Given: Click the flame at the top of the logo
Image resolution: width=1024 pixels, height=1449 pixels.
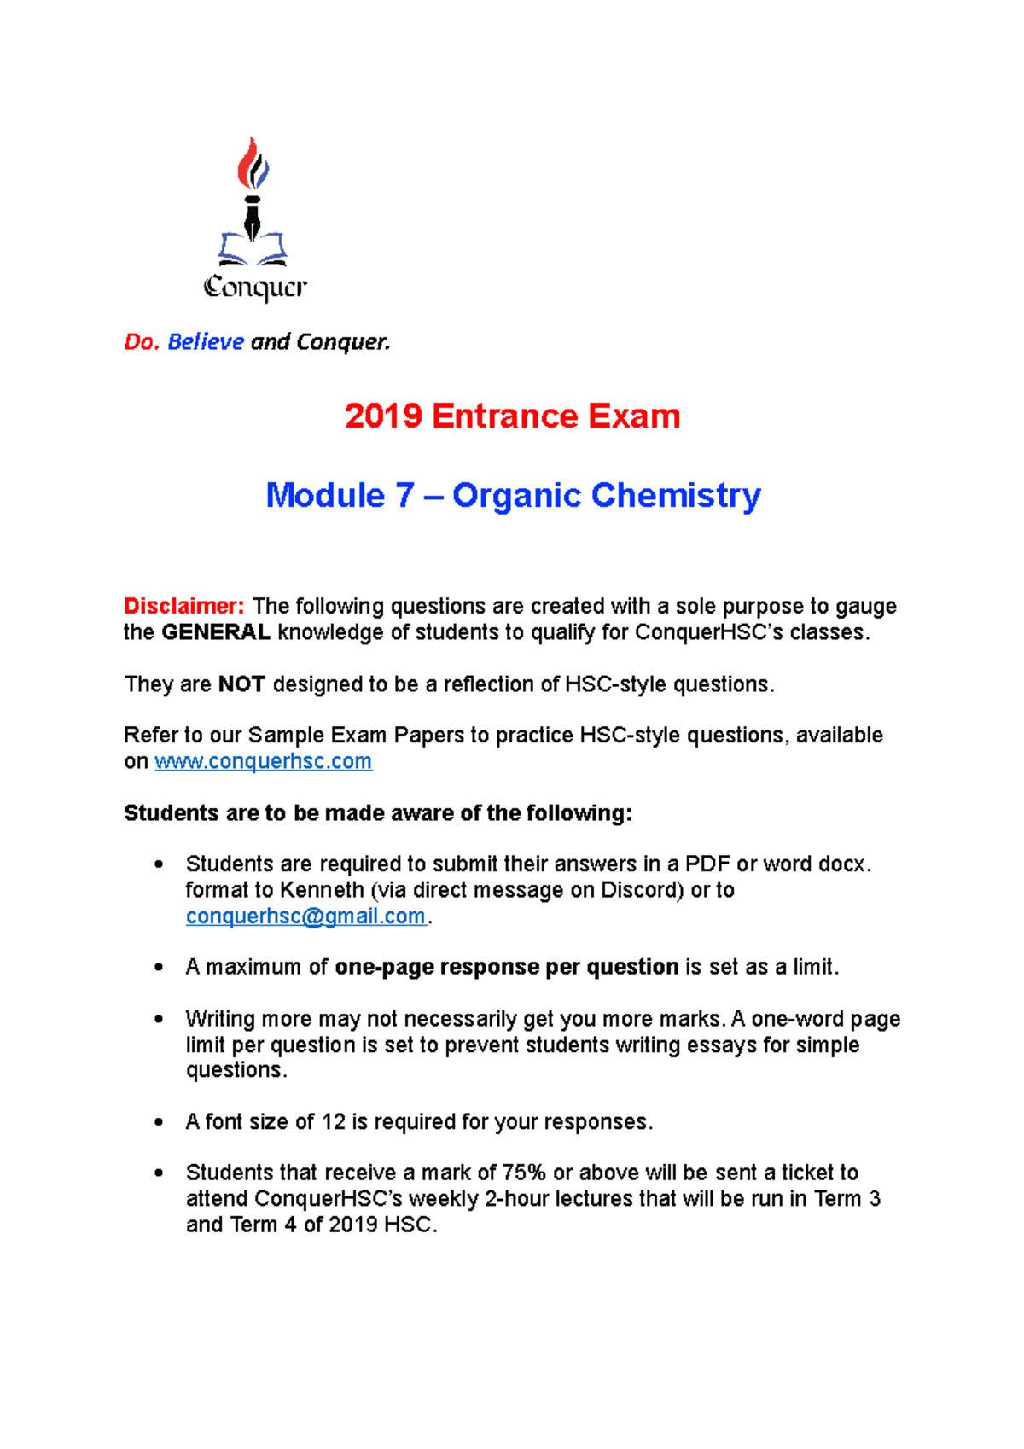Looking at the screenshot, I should click(253, 164).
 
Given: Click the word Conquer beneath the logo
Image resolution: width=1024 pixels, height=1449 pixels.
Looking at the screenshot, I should click(254, 288).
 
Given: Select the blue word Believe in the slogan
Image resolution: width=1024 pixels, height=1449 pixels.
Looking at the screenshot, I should click(206, 342).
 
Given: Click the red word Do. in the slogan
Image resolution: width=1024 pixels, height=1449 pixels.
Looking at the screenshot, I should click(142, 342).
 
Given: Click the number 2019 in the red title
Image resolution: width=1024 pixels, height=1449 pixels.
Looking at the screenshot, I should click(383, 416).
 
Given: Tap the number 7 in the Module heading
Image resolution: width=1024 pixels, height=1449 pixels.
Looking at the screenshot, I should click(404, 496).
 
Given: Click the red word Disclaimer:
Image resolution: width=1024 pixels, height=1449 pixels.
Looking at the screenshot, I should click(184, 607).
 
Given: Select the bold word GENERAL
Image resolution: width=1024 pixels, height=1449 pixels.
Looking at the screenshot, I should click(216, 632).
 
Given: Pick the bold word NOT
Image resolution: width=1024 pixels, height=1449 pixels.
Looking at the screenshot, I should click(241, 684).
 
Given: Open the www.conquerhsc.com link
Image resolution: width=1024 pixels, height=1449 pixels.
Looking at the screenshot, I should click(263, 761).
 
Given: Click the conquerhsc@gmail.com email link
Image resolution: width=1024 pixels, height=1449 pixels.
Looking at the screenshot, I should click(305, 917).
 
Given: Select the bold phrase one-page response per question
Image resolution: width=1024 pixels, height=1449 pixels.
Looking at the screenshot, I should click(506, 967).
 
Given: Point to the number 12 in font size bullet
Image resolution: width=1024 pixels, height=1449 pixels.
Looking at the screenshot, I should click(334, 1122).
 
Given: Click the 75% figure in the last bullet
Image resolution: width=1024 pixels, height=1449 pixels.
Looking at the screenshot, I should click(524, 1173).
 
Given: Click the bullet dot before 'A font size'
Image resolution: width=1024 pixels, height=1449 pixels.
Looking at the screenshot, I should click(159, 1122).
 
